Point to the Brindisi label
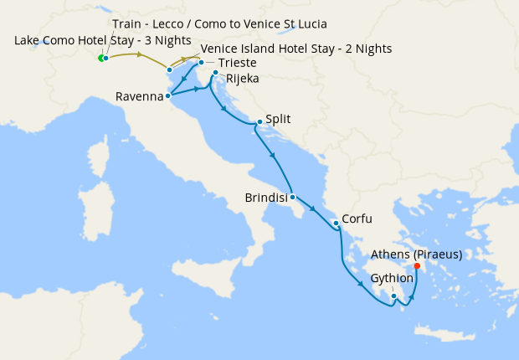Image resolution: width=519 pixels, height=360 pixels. [x=266, y=198]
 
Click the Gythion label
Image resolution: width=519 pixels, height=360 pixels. [x=392, y=278]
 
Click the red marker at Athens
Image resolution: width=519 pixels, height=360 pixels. [x=417, y=266]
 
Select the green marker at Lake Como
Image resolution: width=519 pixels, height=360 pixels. [x=100, y=59]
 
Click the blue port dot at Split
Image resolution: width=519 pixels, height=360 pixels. [x=259, y=122]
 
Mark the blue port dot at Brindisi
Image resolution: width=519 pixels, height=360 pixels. [x=292, y=198]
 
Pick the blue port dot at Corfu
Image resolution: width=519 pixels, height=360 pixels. [x=336, y=223]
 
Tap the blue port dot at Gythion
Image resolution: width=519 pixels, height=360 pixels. [x=393, y=296]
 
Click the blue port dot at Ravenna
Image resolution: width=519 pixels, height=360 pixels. [x=168, y=95]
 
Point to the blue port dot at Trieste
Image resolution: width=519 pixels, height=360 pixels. [x=201, y=62]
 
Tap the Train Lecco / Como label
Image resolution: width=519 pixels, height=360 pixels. [x=219, y=23]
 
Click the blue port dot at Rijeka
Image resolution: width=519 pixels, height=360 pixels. [x=215, y=73]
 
